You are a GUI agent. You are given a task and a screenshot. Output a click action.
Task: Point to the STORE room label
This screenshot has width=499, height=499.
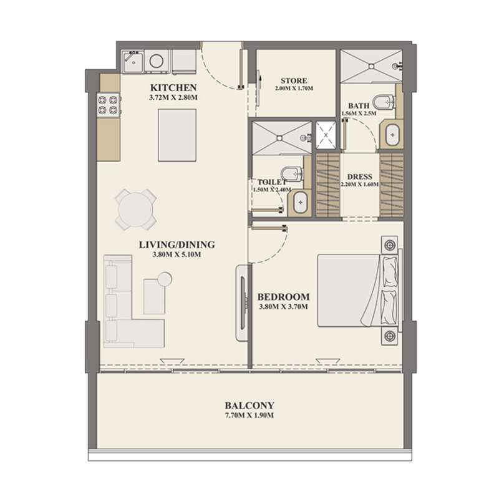point(292,80)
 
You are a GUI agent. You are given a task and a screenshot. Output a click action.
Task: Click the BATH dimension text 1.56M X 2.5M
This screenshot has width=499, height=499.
point(359,114)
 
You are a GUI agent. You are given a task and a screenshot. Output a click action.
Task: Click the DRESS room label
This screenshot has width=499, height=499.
point(360,176)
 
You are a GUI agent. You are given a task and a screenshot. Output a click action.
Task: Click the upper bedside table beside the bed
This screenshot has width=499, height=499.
point(390,243)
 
